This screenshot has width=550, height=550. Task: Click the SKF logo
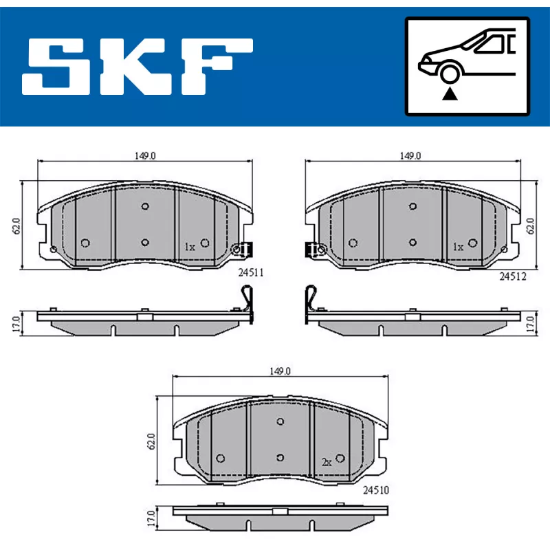tap(137, 67)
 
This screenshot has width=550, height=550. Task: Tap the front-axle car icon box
tap(467, 66)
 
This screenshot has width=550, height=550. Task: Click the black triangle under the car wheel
tap(450, 94)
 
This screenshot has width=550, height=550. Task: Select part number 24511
tap(251, 272)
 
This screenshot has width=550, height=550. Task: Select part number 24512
tap(513, 277)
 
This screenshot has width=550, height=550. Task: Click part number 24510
tap(375, 490)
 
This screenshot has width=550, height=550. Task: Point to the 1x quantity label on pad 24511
tap(190, 247)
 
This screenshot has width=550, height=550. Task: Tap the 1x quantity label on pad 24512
tap(458, 247)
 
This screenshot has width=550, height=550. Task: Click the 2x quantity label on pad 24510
tap(327, 463)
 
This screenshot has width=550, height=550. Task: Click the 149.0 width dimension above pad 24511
tap(145, 156)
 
